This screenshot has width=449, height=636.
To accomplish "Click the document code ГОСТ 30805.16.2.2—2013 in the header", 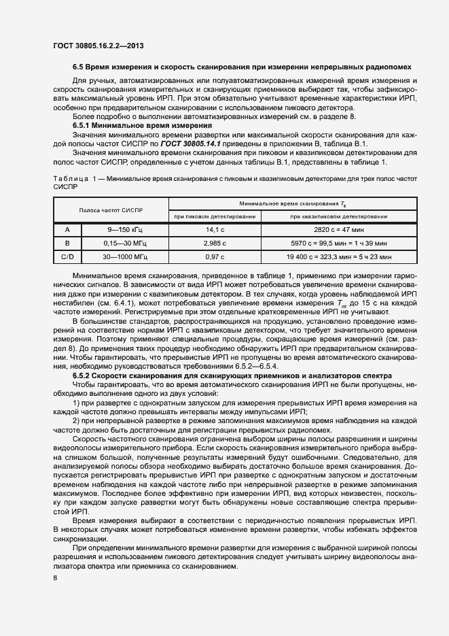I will tap(98, 46).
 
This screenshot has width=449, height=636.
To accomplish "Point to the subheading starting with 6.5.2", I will tap(231, 375).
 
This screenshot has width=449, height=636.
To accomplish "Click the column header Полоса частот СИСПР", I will tap(110, 211).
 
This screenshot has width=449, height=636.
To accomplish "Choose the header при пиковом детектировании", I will tap(215, 216).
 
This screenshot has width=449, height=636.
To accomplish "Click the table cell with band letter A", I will tap(67, 230).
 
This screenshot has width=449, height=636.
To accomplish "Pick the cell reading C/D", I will tap(67, 257).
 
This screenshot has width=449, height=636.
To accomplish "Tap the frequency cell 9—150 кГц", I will tap(125, 230).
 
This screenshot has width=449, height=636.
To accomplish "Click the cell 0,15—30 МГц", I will tap(125, 244).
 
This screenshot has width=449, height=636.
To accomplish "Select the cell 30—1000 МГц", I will tap(125, 257).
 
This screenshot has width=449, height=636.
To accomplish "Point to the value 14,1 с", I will tap(215, 230).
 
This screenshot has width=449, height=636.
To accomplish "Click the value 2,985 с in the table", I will tap(215, 244).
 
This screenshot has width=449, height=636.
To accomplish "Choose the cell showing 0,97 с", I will tap(215, 257).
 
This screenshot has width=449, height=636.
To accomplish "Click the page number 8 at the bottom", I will tap(55, 578).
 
